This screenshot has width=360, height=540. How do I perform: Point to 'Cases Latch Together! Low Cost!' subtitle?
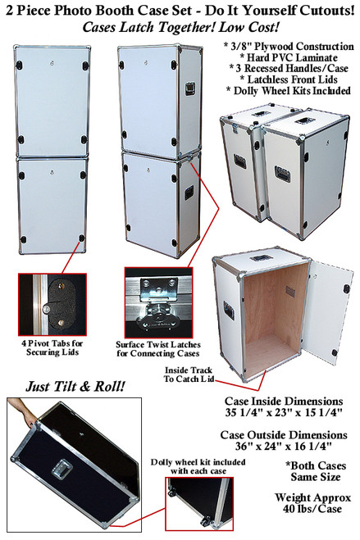pyautogui.click(x=180, y=25)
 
